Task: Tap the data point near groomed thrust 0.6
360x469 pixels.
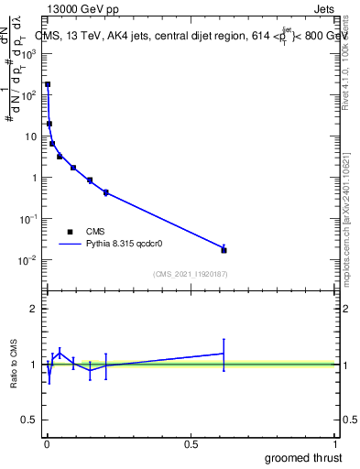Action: pos(224,249)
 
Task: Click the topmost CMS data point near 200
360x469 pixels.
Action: pos(48,84)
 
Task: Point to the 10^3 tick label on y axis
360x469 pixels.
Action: pos(29,54)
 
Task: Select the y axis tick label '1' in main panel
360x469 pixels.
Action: pos(35,178)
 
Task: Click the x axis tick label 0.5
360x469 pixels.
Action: pos(191,444)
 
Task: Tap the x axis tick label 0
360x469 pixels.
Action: pos(47,444)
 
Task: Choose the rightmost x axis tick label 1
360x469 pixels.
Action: pos(335,444)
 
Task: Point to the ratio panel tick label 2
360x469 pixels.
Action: pos(35,309)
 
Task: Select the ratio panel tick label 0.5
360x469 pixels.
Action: pos(31,420)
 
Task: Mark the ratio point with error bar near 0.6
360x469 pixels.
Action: pos(224,353)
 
